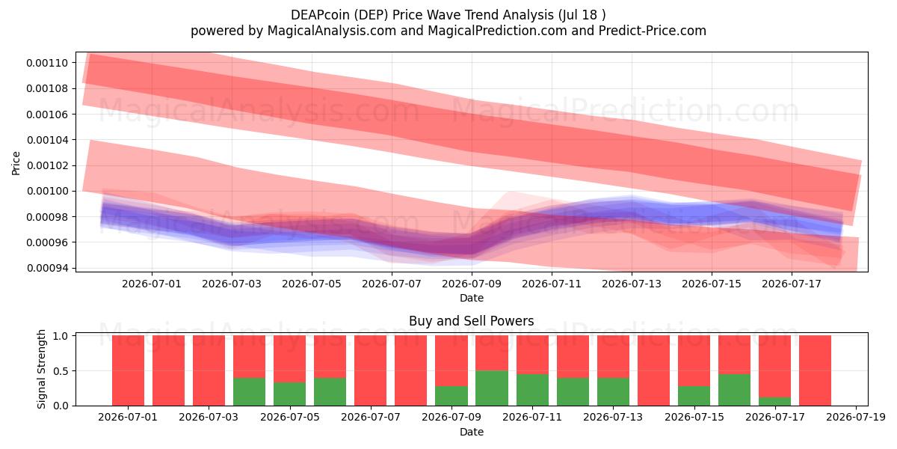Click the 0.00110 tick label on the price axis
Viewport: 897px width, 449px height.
(47, 63)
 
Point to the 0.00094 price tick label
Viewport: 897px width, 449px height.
(47, 268)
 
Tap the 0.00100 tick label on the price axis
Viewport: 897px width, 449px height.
(47, 192)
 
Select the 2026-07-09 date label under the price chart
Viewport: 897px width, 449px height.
(472, 284)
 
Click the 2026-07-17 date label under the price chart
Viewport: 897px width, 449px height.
(792, 284)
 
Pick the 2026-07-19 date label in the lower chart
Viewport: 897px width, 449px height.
(856, 418)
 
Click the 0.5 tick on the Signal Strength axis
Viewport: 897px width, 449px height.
(60, 371)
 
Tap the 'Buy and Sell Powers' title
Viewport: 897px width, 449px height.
(472, 321)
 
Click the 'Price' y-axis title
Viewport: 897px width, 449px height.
(16, 163)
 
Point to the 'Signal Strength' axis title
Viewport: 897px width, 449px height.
(41, 369)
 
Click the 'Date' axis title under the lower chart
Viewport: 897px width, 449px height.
(472, 433)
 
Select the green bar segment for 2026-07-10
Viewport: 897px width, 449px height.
(492, 388)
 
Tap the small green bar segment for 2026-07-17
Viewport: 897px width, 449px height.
(774, 401)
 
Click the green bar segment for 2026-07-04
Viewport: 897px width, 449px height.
(249, 391)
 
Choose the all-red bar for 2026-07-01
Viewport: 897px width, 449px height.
(128, 370)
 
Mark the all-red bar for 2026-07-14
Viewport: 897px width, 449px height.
(653, 370)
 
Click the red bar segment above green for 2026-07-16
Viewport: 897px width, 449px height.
(734, 355)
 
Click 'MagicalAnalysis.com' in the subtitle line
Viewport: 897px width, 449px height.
(332, 31)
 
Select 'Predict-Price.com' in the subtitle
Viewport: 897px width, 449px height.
(653, 31)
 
